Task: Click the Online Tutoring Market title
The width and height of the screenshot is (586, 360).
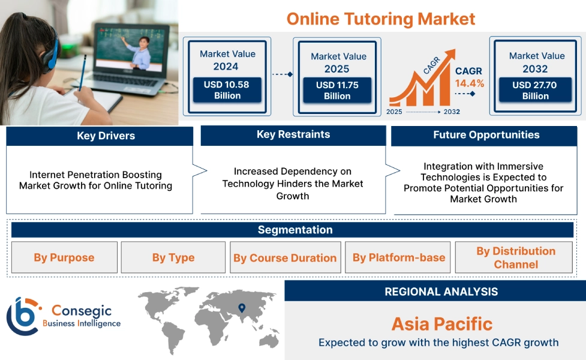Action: (380, 19)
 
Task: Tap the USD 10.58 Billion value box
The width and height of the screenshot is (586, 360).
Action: (227, 90)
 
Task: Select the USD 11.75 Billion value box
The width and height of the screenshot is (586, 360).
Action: (337, 91)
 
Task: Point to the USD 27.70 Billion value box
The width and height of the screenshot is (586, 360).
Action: (535, 90)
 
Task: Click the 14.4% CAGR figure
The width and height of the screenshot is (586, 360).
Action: (470, 83)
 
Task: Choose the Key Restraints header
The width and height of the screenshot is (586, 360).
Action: (293, 134)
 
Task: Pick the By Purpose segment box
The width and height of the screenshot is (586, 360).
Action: (64, 257)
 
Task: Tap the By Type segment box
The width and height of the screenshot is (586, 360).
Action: (173, 257)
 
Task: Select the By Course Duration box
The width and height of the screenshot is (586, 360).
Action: (285, 257)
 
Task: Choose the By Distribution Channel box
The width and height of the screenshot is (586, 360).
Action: (514, 257)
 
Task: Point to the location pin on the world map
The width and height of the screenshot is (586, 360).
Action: (242, 308)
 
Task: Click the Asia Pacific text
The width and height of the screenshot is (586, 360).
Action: (441, 324)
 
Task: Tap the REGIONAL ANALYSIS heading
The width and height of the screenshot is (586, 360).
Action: (441, 292)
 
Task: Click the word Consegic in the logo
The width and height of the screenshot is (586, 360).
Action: (82, 311)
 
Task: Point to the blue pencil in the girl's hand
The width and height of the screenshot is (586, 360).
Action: (82, 73)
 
